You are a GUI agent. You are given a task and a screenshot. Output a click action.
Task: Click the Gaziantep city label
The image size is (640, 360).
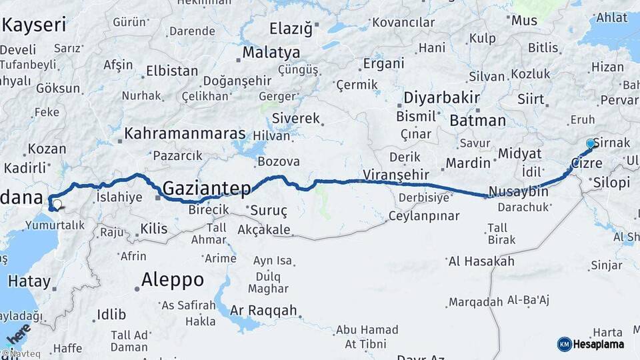tap(207, 187)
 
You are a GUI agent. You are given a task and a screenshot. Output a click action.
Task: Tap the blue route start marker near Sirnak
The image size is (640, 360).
tap(590, 143)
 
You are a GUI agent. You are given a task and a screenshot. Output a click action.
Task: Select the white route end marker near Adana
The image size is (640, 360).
tap(57, 205)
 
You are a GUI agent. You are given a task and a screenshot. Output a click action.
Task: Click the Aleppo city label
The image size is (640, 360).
tap(172, 279)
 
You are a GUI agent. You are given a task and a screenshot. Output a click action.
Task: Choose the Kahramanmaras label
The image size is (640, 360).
tap(185, 133)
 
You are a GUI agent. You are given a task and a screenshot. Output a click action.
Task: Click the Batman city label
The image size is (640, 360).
tap(477, 121)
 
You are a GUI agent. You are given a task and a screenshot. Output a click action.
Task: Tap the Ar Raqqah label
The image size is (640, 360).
tap(263, 310)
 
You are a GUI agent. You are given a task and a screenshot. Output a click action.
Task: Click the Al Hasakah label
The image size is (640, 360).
tap(481, 261)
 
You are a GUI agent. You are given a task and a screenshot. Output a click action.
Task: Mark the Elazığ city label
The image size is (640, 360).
tap(291, 28)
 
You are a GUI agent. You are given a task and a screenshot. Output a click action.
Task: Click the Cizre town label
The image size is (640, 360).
tap(587, 163)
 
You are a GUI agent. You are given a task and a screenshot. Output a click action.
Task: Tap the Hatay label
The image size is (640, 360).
tap(29, 281)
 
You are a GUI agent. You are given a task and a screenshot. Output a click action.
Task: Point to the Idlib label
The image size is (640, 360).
tap(111, 314)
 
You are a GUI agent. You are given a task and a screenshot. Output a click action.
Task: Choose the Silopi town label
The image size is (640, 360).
tap(611, 183)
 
